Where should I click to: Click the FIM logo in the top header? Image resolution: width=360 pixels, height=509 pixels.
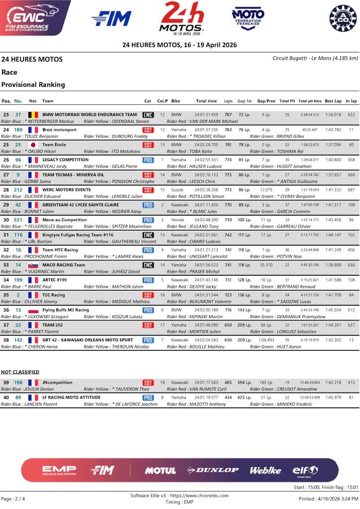point(111,18)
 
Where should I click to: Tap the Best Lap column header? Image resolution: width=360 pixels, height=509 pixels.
point(333,101)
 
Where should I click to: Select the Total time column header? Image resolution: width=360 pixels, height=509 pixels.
point(206,101)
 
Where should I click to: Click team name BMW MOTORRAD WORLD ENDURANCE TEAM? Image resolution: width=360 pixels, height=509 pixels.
point(90,114)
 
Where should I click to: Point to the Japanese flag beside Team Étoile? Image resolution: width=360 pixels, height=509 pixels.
point(33,145)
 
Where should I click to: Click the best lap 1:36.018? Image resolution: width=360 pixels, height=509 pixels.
point(333,115)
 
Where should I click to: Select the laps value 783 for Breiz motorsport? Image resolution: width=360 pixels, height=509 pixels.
point(228,130)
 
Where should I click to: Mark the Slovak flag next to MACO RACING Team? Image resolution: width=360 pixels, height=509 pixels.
point(33,265)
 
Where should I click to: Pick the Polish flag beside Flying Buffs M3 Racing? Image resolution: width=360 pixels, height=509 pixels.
point(33,311)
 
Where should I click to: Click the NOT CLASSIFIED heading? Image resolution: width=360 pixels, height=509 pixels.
point(20,372)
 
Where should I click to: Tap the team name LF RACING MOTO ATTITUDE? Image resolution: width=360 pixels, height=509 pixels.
point(72,398)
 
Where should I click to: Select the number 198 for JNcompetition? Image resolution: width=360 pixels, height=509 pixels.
point(18,383)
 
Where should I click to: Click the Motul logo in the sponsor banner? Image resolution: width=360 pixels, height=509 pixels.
point(160,470)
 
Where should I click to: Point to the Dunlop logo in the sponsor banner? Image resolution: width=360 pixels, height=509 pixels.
point(213,470)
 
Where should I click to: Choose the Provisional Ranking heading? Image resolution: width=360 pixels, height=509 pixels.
point(33,85)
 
